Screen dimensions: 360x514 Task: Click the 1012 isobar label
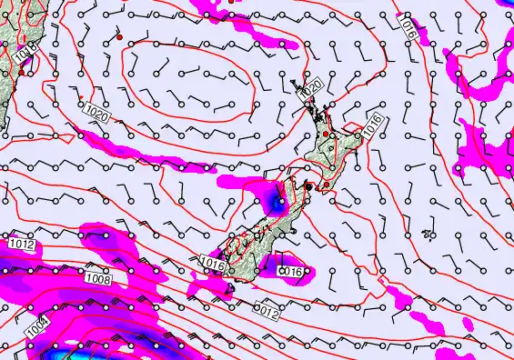point(23,245)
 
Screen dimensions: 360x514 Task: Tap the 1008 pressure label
point(98,280)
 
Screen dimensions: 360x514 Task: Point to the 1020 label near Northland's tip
point(311,89)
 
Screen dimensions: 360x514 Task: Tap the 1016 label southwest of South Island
point(211,264)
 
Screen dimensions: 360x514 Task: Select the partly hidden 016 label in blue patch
point(290,271)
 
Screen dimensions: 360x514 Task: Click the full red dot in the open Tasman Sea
point(119,38)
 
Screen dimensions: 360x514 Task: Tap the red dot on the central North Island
point(327,134)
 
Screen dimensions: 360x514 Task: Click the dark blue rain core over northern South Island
point(276,200)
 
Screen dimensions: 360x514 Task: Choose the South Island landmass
point(250,241)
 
